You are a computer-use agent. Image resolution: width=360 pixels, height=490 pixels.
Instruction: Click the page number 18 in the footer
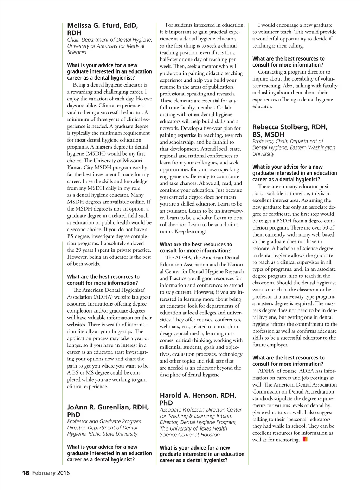click(26, 473)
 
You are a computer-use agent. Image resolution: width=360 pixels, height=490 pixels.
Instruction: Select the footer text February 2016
click(51, 473)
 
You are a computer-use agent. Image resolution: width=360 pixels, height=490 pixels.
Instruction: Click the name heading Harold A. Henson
click(198, 396)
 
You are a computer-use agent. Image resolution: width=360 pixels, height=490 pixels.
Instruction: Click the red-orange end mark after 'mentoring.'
click(305, 439)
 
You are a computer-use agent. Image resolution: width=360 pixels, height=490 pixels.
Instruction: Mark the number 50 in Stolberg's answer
click(324, 228)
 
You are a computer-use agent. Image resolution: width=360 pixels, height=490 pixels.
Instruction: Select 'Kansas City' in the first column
click(81, 168)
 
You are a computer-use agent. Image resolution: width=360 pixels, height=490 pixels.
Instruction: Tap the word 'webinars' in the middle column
click(170, 327)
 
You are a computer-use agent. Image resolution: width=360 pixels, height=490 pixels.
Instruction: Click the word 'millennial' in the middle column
click(172, 347)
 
